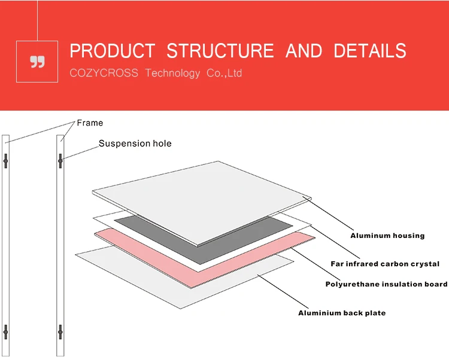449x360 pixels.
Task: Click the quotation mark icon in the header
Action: pyautogui.click(x=37, y=62)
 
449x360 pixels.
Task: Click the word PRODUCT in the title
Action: pyautogui.click(x=112, y=51)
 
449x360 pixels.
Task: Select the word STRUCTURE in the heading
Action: pyautogui.click(x=221, y=51)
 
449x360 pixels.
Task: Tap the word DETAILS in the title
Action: pyautogui.click(x=369, y=51)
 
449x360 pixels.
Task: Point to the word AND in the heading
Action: pyautogui.click(x=304, y=51)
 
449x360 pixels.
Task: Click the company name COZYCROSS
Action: pyautogui.click(x=104, y=73)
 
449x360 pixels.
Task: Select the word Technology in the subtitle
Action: pyautogui.click(x=172, y=73)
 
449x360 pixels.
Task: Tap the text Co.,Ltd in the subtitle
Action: pyautogui.click(x=224, y=73)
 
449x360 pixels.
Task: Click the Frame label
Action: pyautogui.click(x=90, y=123)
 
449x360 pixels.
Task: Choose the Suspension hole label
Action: pyautogui.click(x=135, y=144)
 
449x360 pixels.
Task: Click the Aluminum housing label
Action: pyautogui.click(x=387, y=236)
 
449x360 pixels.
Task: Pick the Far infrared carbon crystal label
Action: pyautogui.click(x=385, y=264)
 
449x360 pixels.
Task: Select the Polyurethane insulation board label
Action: pyautogui.click(x=386, y=284)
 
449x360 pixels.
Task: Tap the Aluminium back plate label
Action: pyautogui.click(x=342, y=313)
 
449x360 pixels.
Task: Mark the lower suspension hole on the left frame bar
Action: pyautogui.click(x=5, y=330)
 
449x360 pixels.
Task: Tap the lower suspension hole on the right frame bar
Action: pyautogui.click(x=60, y=330)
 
